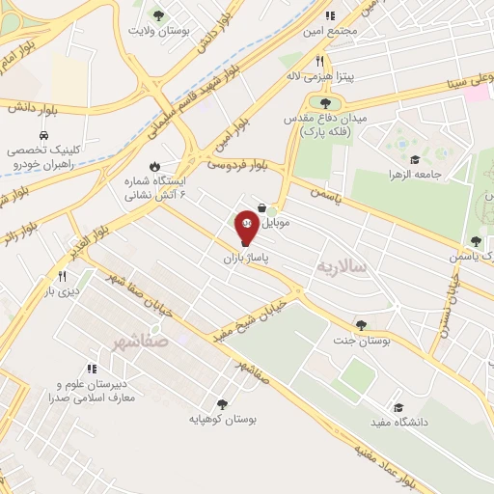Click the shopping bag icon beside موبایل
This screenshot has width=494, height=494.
tap(261, 206)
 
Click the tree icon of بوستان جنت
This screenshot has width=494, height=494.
tap(361, 325)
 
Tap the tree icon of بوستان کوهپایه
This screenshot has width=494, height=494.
tap(223, 404)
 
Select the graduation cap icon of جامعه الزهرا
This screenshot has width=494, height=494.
tap(415, 160)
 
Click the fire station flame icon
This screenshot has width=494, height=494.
tap(153, 164)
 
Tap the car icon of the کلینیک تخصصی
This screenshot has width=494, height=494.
tap(45, 135)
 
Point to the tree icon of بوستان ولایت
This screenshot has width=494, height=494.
tap(159, 14)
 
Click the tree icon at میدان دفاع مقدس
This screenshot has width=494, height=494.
tap(325, 102)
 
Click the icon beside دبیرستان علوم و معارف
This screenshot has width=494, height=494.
tap(92, 368)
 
